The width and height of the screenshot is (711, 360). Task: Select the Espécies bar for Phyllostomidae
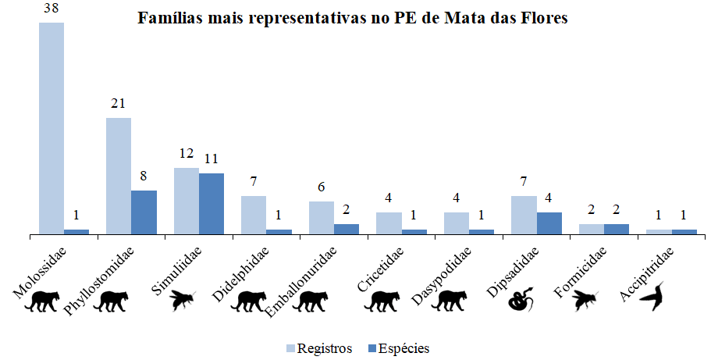(144, 212)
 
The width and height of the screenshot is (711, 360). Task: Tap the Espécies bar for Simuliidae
(212, 203)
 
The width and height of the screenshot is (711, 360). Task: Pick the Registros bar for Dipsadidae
(524, 215)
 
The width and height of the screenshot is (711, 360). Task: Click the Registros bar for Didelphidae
(254, 215)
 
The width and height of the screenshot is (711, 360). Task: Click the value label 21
(119, 105)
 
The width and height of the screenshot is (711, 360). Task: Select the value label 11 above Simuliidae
(212, 159)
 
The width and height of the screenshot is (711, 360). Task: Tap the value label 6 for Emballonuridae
(321, 188)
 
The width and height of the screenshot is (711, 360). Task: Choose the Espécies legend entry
(397, 348)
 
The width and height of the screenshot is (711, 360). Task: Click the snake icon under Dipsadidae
(521, 299)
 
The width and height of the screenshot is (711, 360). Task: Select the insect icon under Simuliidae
(184, 299)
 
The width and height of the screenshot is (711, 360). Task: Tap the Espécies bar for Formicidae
(617, 229)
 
